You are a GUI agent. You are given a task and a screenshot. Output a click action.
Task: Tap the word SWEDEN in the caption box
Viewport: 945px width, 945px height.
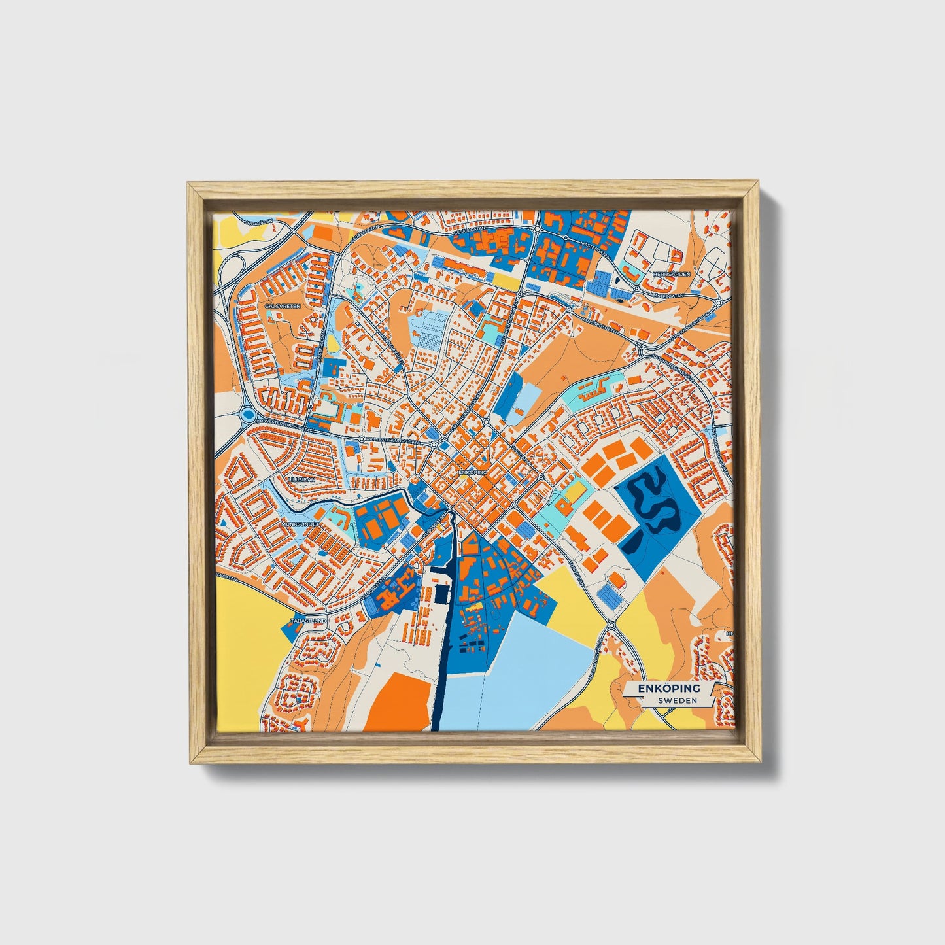click(x=677, y=700)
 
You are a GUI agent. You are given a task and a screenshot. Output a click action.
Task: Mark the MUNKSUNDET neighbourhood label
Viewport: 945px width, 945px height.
click(x=299, y=524)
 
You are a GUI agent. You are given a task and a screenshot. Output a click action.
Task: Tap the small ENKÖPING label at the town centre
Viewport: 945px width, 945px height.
click(x=473, y=472)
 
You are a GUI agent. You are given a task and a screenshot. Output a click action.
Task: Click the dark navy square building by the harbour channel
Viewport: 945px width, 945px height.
click(x=443, y=594)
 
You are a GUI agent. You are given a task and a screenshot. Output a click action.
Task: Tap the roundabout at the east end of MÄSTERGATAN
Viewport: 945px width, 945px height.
click(x=718, y=303)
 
